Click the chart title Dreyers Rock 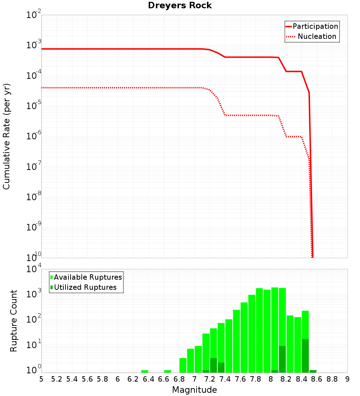point(180,6)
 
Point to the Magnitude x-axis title point(194,390)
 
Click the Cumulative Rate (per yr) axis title point(6,136)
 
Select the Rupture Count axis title point(14,321)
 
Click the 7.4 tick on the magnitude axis point(225,379)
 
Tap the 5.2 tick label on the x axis point(57,379)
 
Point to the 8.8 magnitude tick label point(332,379)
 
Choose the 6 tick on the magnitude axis point(118,379)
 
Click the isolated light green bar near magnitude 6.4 point(145,371)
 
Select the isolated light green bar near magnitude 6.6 point(168,371)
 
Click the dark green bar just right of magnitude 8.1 point(282,359)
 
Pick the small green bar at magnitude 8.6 point(313,371)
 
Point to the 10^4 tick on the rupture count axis point(34,269)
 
